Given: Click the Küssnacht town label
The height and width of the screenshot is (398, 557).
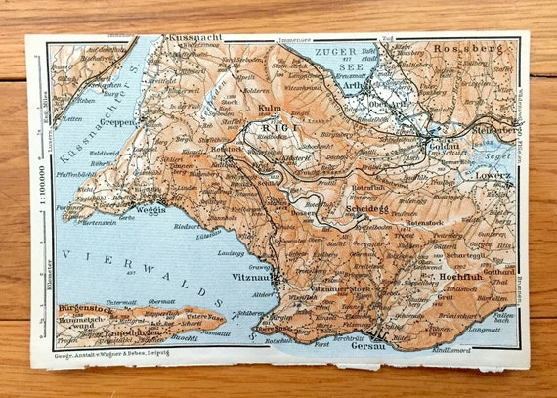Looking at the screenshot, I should pyautogui.click(x=196, y=36).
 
